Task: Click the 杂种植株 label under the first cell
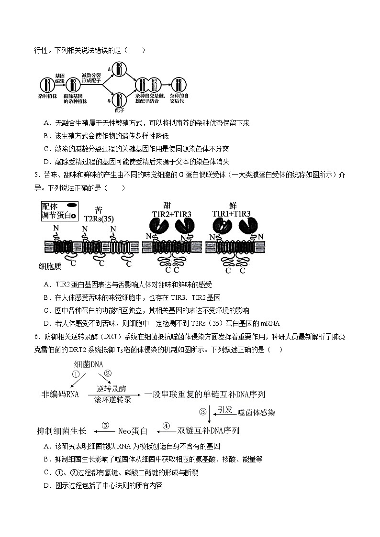tap(48, 96)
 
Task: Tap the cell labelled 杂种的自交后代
tap(178, 85)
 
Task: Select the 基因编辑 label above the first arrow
tap(60, 78)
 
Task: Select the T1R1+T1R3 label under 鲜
tap(231, 214)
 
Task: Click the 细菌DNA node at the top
tap(89, 364)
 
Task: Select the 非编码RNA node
tap(60, 395)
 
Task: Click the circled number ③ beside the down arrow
tap(202, 411)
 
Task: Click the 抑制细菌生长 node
tap(61, 431)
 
